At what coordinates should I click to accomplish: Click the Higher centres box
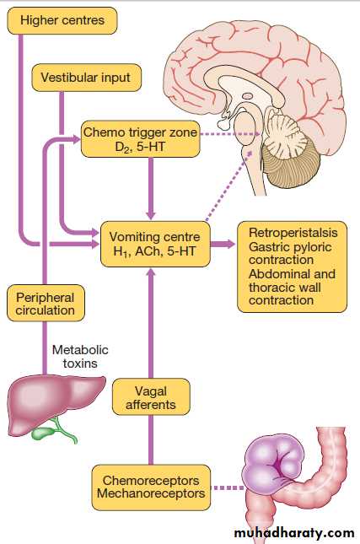pyautogui.click(x=62, y=20)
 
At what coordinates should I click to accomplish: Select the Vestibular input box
pyautogui.click(x=86, y=78)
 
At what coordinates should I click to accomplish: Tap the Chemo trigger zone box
pyautogui.click(x=141, y=139)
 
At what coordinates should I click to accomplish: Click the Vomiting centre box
pyautogui.click(x=155, y=244)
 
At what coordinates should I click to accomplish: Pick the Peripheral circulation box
pyautogui.click(x=46, y=304)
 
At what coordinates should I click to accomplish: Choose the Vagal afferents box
pyautogui.click(x=151, y=397)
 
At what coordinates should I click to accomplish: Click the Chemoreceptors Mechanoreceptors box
pyautogui.click(x=151, y=487)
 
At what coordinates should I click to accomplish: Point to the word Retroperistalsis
pyautogui.click(x=293, y=233)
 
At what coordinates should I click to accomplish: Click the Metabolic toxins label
pyautogui.click(x=80, y=356)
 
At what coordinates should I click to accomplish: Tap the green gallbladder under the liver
pyautogui.click(x=44, y=434)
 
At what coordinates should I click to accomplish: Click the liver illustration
pyautogui.click(x=56, y=404)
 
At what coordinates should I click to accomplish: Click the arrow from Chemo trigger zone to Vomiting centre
pyautogui.click(x=151, y=188)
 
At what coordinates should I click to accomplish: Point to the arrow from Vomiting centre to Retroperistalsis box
pyautogui.click(x=223, y=244)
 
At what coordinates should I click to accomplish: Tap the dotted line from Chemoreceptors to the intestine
pyautogui.click(x=228, y=487)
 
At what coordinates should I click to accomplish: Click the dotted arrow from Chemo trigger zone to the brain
pyautogui.click(x=230, y=134)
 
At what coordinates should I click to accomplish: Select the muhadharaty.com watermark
pyautogui.click(x=294, y=532)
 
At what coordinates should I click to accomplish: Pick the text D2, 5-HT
pyautogui.click(x=140, y=147)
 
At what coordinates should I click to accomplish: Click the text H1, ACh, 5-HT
pyautogui.click(x=154, y=251)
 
